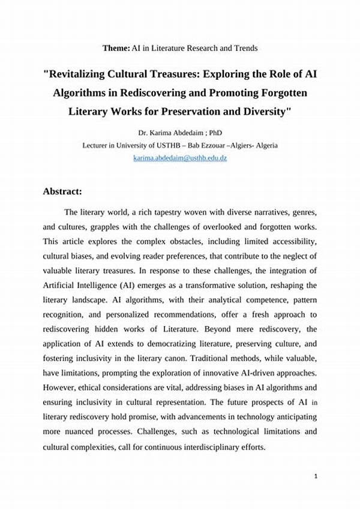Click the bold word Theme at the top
point(115,47)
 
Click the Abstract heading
point(62,191)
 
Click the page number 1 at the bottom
point(316,476)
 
